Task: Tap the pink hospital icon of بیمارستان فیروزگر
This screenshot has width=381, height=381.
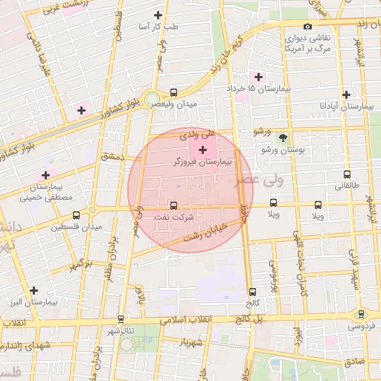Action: click(202, 150)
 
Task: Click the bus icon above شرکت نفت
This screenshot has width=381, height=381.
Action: click(174, 205)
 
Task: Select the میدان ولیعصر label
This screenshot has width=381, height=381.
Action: click(176, 104)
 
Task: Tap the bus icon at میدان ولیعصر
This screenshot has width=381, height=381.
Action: click(173, 93)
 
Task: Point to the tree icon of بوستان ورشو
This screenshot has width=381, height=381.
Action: click(282, 137)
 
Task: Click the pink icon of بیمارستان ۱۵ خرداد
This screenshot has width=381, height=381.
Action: click(258, 77)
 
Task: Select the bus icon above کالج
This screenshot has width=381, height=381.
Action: click(252, 292)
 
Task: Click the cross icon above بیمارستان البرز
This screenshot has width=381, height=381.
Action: click(33, 290)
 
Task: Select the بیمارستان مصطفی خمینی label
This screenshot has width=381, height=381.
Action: click(45, 192)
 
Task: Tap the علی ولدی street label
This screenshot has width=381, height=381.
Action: click(199, 134)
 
